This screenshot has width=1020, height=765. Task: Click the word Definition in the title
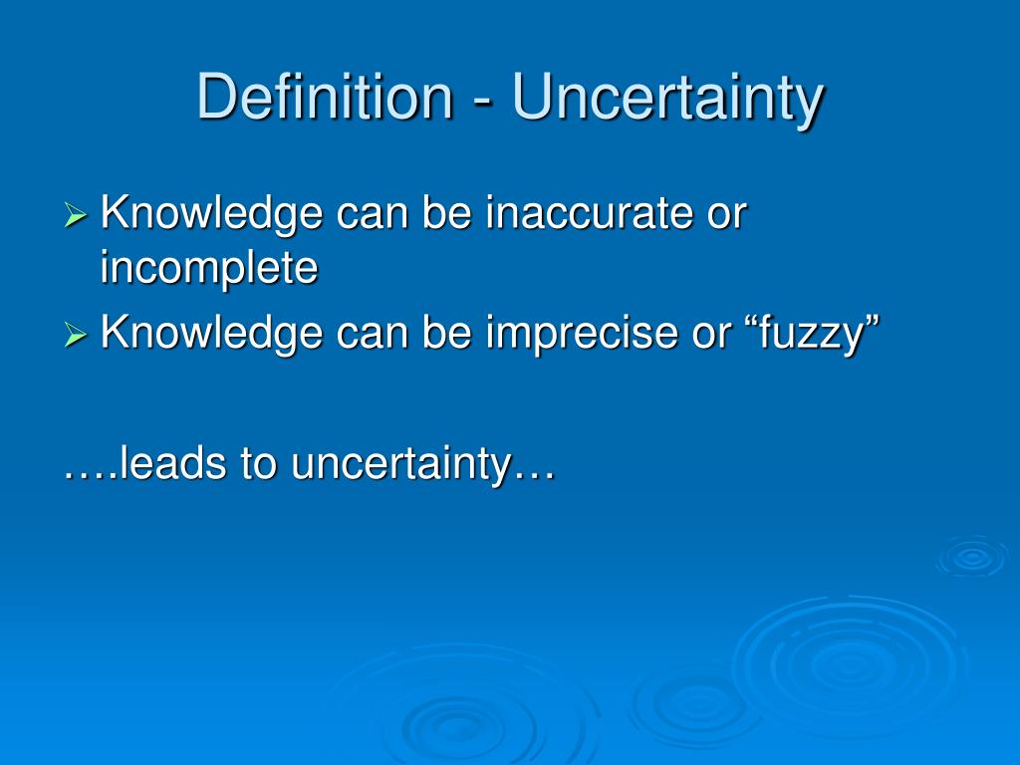coord(324,99)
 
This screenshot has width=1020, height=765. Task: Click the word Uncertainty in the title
coord(668,99)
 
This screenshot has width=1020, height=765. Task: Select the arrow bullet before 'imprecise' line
coord(77,336)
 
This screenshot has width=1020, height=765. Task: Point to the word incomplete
coord(209,270)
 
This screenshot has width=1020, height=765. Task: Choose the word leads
coord(170,464)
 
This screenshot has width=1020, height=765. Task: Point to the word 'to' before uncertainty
coord(259,465)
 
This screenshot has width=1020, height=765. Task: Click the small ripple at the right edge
coord(971,558)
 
